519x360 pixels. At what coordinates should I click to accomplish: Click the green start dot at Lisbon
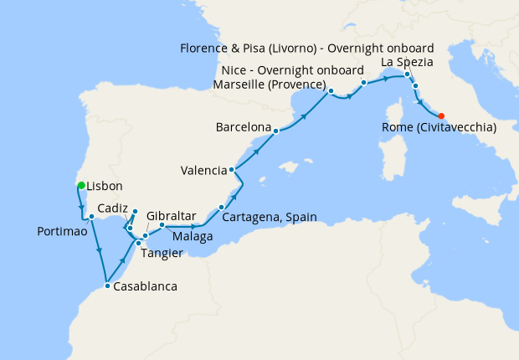81,185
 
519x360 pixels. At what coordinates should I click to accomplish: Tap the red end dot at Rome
442,116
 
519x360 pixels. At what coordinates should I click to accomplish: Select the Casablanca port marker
107,286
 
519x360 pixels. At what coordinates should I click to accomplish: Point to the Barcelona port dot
275,129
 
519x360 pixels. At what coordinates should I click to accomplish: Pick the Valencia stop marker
232,170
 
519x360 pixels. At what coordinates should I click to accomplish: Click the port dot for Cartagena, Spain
221,207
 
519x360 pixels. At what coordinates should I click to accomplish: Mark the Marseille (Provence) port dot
331,90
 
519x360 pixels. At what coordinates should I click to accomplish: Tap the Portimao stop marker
91,216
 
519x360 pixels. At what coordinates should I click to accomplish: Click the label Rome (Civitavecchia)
439,127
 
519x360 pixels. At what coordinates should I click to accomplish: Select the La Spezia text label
408,63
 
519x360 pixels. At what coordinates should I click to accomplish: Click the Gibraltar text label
171,215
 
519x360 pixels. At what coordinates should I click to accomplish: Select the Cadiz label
112,208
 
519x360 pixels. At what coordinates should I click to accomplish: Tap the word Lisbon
105,186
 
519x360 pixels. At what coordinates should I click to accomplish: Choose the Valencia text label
203,171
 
